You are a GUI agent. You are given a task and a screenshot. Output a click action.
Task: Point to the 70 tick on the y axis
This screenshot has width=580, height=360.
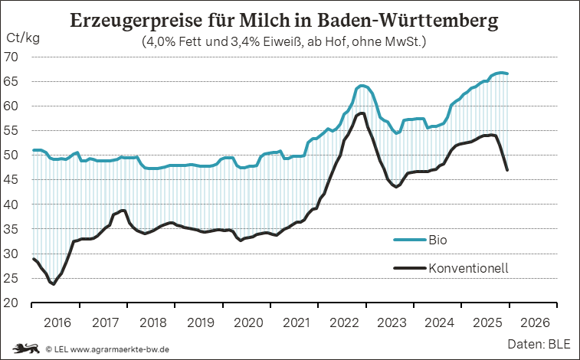click(x=13, y=57)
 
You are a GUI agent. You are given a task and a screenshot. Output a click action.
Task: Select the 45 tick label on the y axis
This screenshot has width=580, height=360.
click(x=13, y=180)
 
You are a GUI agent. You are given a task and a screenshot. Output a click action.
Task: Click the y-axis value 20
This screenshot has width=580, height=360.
click(x=13, y=303)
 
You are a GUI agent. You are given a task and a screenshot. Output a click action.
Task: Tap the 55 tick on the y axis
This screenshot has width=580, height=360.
click(x=13, y=131)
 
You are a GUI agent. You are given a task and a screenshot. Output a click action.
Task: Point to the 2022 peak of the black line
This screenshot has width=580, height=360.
click(x=362, y=113)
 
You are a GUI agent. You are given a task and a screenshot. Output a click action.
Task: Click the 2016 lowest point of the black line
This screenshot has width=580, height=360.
click(x=54, y=284)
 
